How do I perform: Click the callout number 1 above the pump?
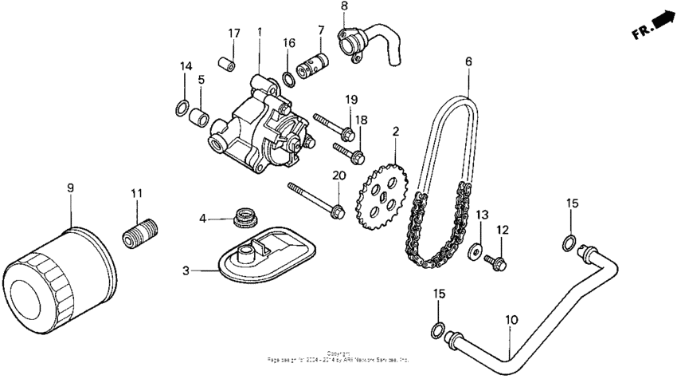click(259, 32)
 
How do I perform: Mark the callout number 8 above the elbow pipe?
click(344, 6)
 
